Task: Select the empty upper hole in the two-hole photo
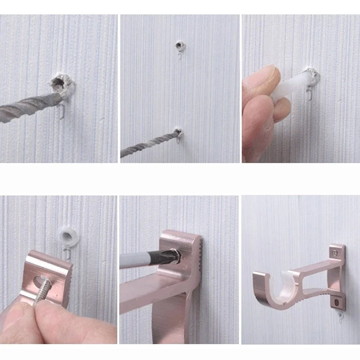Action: pos(180,45)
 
